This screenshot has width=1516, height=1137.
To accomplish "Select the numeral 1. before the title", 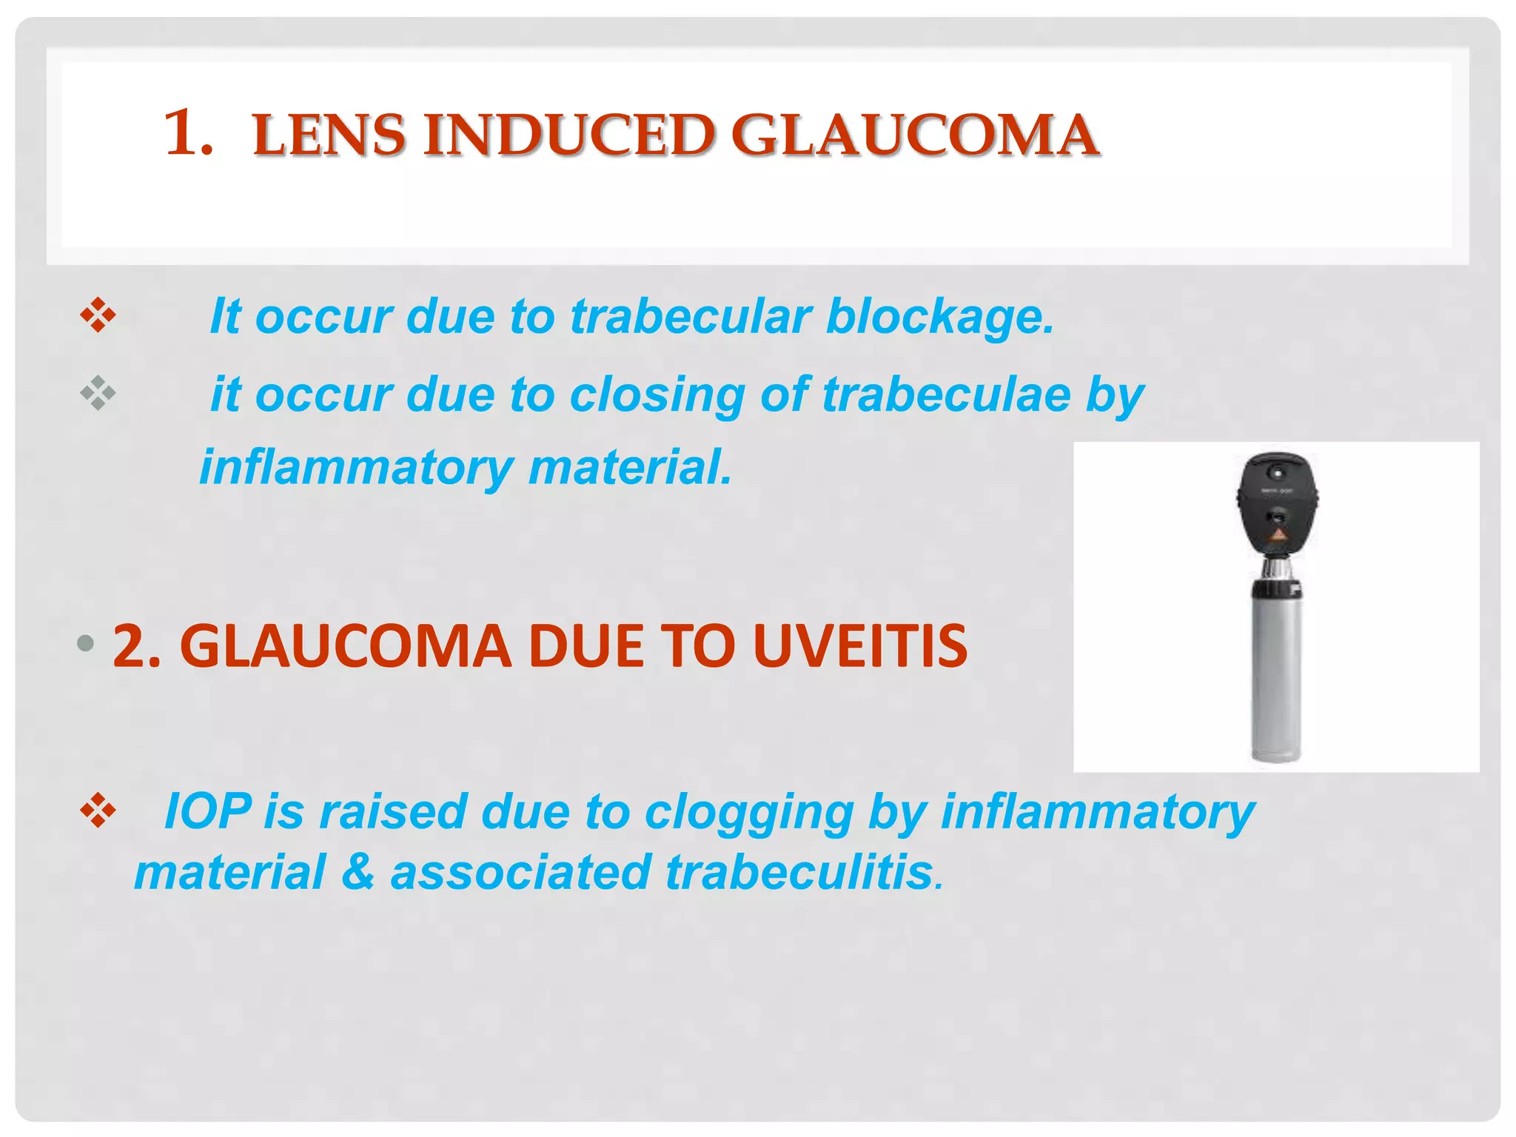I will pos(187,133).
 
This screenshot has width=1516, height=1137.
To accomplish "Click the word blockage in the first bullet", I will pos(939,317).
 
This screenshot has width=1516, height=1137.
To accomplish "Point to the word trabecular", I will pos(691,317).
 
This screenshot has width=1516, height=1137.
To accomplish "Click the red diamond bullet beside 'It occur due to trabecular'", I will pos(98,316).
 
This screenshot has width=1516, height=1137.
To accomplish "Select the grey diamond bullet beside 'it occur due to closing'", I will pos(98,393).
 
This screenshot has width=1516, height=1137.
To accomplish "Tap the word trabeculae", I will pos(945,394).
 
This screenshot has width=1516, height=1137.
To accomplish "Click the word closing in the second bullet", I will pos(657,395).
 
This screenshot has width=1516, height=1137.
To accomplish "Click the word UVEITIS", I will pos(859,646).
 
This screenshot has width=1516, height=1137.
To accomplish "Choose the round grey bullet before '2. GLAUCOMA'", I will pos(86,643).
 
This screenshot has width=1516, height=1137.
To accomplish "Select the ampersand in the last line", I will pos(358,872).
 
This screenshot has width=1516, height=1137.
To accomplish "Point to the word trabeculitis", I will pos(799,872).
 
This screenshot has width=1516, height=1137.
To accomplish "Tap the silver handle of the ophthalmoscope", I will pos(1276,681).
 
